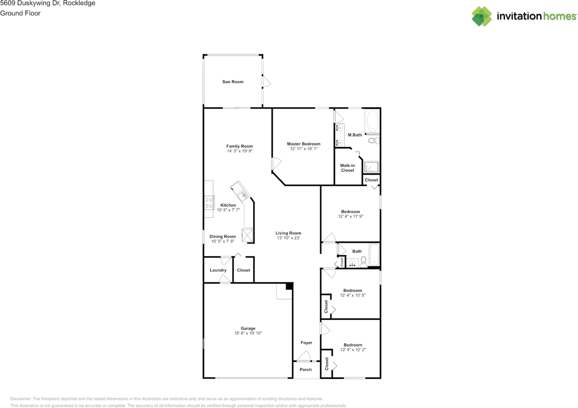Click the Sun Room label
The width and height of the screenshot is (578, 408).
(233, 82)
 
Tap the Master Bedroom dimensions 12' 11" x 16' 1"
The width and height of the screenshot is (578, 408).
(304, 149)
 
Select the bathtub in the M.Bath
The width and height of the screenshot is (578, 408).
(372, 121)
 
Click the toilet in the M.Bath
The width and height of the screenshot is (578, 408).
(373, 141)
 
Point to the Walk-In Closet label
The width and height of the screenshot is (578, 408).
(347, 168)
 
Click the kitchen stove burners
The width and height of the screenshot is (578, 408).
(209, 202)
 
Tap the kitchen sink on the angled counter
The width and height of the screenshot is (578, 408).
(243, 195)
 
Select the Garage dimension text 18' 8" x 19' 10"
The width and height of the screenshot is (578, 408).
(248, 333)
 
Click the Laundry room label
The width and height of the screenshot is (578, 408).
(218, 270)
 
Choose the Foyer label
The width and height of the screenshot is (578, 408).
(306, 343)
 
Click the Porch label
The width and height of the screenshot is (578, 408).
(306, 370)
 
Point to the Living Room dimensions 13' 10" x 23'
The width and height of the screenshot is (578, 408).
(288, 238)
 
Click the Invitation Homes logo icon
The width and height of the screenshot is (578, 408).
(482, 16)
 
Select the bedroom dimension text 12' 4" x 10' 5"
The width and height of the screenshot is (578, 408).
(352, 295)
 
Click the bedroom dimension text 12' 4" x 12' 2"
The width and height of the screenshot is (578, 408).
(352, 350)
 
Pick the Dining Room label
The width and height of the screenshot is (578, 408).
(223, 237)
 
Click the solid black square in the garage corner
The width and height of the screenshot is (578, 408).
(289, 286)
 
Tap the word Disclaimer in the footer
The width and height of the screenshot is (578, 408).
(21, 399)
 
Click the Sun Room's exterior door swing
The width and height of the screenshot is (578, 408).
(266, 81)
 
